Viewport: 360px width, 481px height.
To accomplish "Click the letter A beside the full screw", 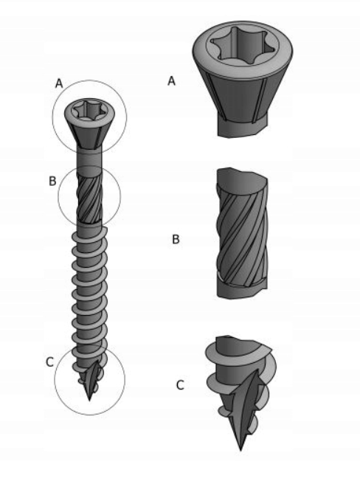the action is click(x=59, y=83).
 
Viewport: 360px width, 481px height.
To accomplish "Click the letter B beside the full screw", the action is click(x=52, y=181).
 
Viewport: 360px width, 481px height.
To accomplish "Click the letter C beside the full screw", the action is click(x=49, y=362).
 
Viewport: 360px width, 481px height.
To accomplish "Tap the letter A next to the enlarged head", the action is click(x=171, y=81).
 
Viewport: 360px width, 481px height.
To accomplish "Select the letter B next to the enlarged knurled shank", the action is click(x=176, y=239).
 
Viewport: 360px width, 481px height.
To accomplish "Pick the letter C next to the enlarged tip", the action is click(x=180, y=385).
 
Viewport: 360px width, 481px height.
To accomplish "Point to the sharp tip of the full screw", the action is click(x=89, y=400).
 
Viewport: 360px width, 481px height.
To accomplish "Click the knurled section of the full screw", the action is click(x=89, y=196).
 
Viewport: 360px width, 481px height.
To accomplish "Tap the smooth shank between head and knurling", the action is click(x=89, y=160).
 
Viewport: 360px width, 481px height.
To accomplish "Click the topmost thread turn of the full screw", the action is click(x=89, y=235).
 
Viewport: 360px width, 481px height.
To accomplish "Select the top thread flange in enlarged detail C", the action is click(x=238, y=353).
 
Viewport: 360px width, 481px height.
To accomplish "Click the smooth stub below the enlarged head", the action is click(x=242, y=128).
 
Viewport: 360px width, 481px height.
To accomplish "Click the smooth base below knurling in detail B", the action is click(x=242, y=290).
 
